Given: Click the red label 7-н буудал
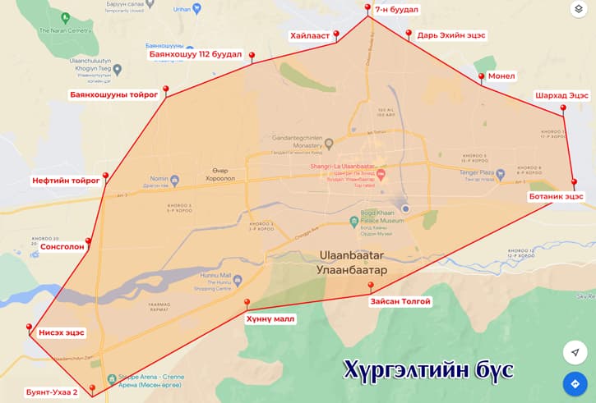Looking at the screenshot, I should point(396,10).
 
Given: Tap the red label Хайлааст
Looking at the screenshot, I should point(309,36).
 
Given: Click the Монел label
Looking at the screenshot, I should point(501,76).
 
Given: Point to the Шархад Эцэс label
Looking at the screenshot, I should point(561,95).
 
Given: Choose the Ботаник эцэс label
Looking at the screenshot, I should point(556,196).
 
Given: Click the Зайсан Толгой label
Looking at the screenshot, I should point(400,301).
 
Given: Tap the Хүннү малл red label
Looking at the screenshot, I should point(269,318).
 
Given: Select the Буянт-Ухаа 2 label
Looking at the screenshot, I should point(51,392).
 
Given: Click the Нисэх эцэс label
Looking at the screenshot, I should point(62,333).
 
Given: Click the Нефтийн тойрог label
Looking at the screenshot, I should point(66,180).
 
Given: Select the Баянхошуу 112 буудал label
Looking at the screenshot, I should point(195,55).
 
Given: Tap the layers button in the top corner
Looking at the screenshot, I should point(578,10).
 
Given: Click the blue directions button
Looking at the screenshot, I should point(575,383).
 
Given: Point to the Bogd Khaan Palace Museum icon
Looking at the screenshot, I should point(353,220).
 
